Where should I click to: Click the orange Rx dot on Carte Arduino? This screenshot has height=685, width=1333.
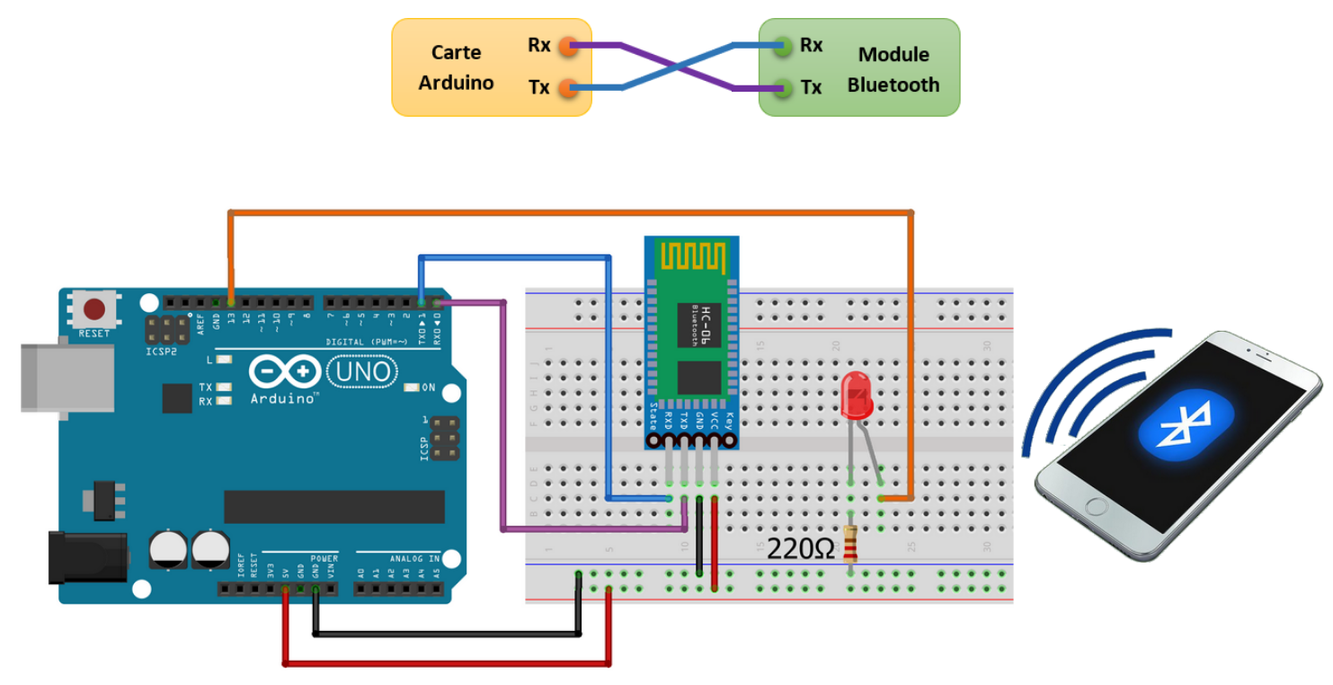point(566,46)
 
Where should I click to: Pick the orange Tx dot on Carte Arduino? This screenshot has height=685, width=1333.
point(566,88)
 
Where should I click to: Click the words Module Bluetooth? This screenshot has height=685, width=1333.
point(893,69)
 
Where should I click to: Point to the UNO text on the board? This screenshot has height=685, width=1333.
point(363,370)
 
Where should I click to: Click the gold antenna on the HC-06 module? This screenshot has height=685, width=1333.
point(692,256)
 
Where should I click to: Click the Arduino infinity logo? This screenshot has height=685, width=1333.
point(284,371)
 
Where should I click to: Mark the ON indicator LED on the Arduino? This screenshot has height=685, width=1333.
point(413,387)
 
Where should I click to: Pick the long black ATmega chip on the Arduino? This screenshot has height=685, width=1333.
point(333,507)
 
